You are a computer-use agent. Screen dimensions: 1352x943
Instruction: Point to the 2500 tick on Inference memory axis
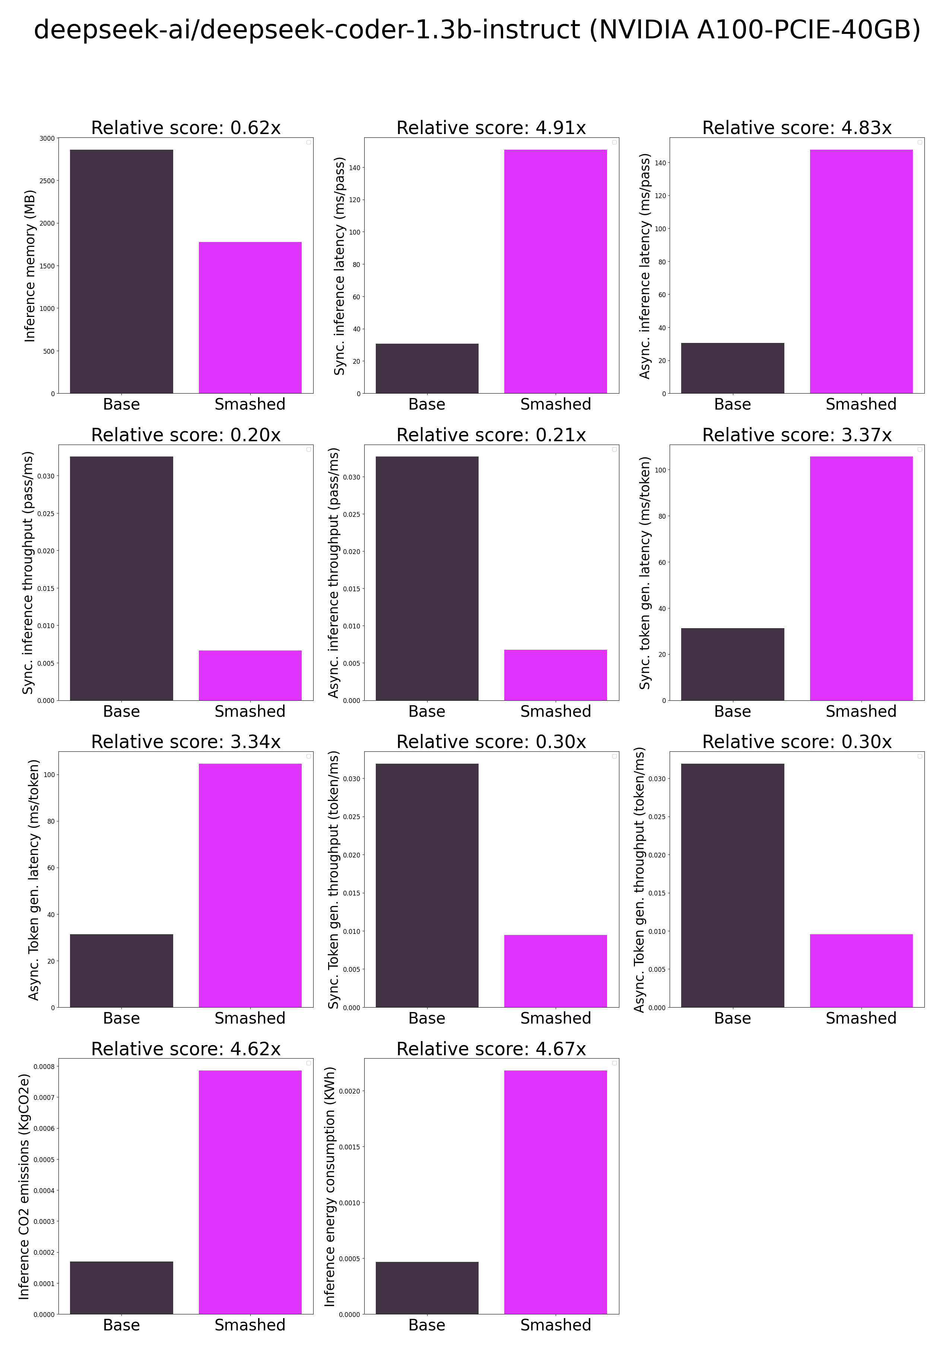click(x=47, y=181)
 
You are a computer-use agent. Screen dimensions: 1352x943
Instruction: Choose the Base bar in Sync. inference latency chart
click(x=427, y=368)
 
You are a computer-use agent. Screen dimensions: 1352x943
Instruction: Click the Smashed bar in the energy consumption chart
click(x=555, y=1192)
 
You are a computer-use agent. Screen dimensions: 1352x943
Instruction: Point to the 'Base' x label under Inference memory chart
click(x=121, y=404)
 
